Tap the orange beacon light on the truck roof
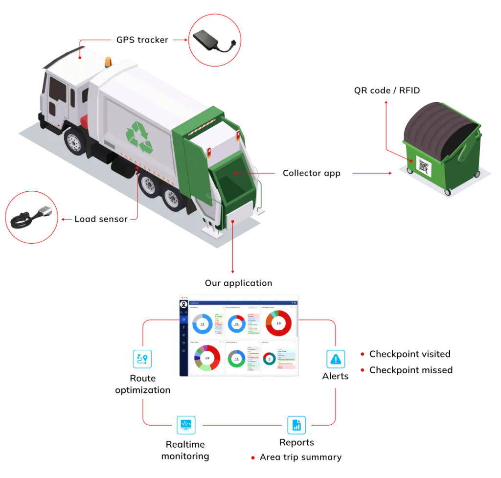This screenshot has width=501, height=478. tap(108, 61)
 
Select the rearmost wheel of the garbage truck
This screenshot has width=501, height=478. tap(172, 199)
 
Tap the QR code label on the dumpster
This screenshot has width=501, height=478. tap(423, 166)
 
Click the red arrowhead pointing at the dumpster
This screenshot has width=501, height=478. tap(390, 173)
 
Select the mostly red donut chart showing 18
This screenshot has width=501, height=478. tap(278, 323)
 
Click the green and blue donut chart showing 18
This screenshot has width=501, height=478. tap(237, 359)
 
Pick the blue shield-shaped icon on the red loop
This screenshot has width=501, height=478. tap(185, 425)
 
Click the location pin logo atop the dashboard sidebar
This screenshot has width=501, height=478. tap(183, 304)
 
